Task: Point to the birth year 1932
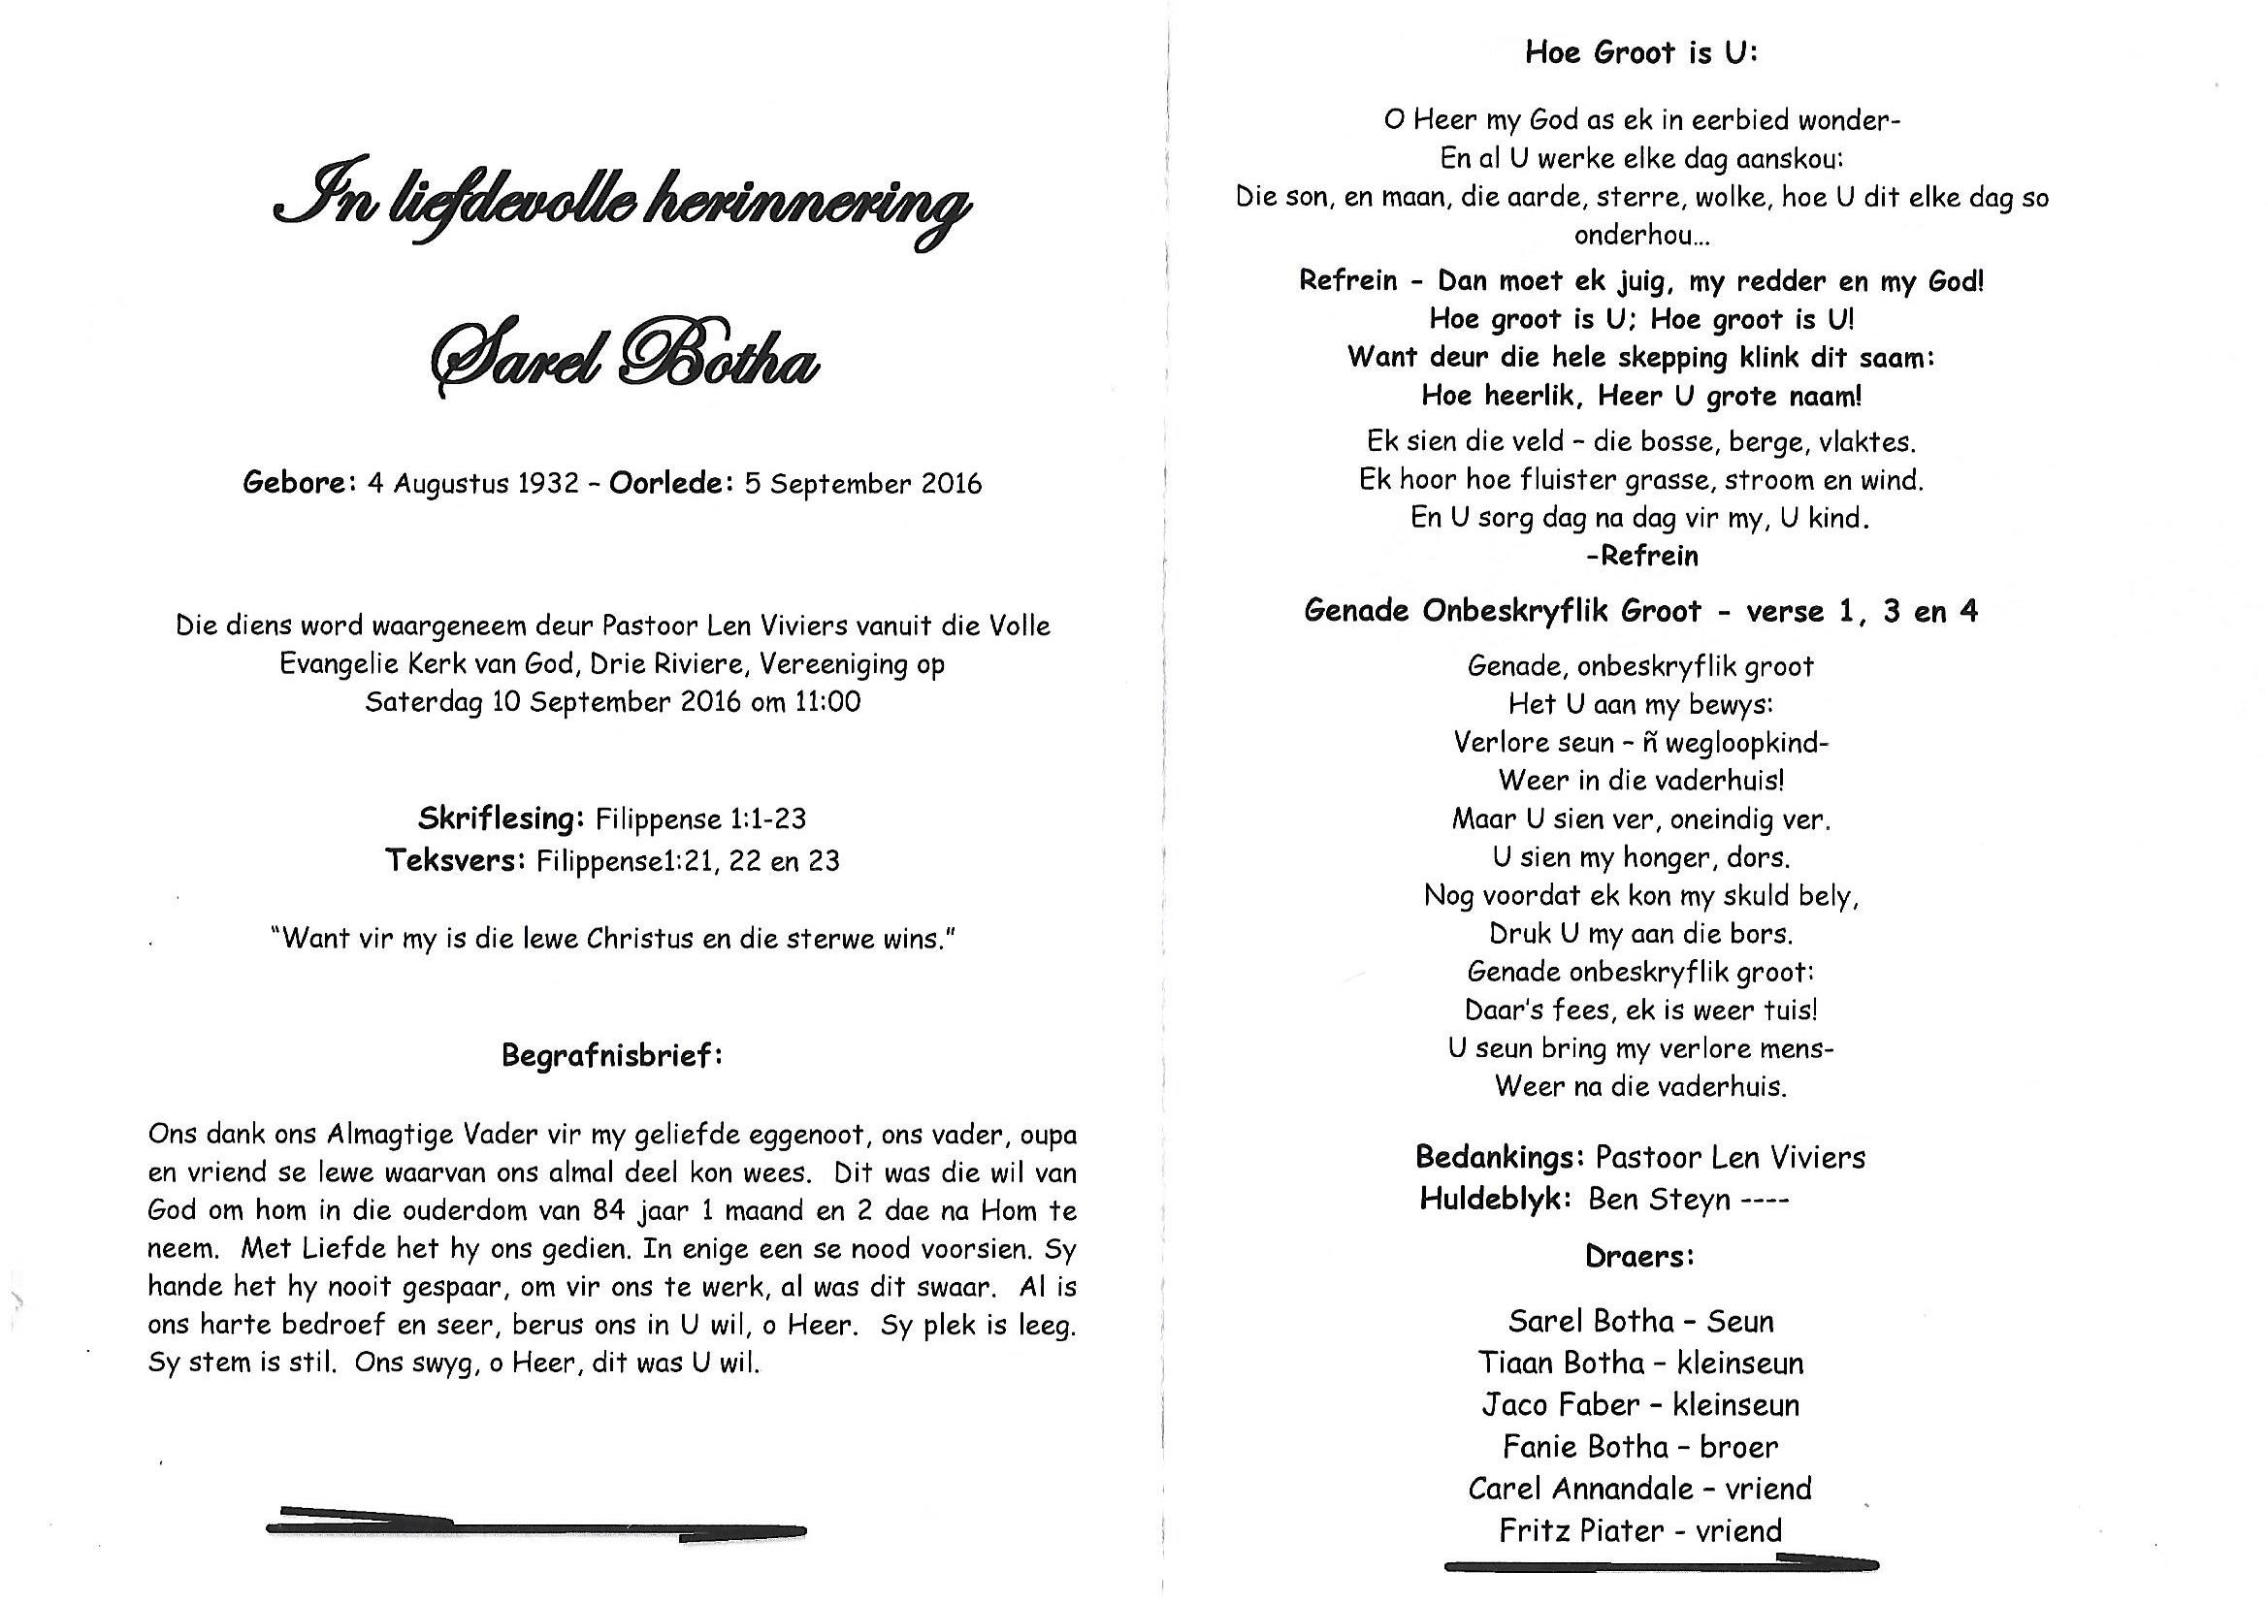548,484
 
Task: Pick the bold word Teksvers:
455,860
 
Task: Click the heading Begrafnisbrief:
612,1056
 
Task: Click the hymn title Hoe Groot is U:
1640,52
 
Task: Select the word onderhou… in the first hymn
1640,236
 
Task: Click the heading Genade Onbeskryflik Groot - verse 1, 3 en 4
1640,611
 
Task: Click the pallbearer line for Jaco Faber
1639,1404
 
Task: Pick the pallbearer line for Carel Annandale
1639,1489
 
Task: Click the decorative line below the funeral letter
536,1528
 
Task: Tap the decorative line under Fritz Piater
1661,1563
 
